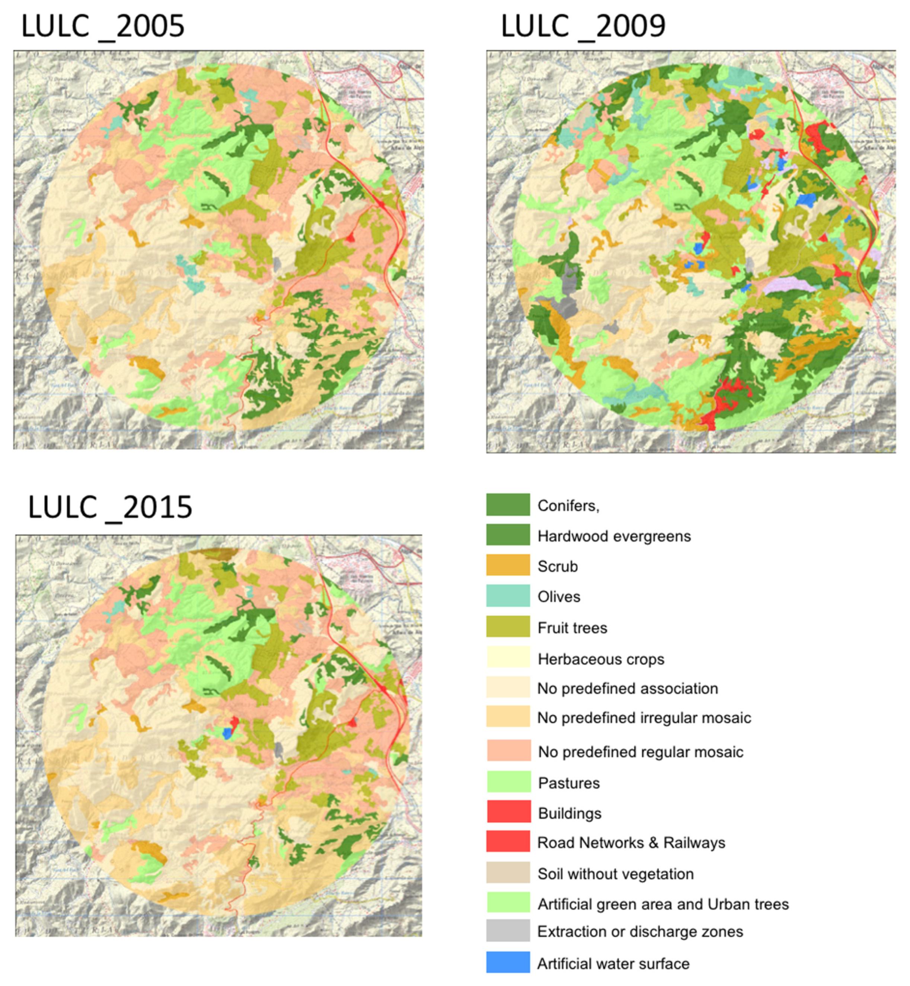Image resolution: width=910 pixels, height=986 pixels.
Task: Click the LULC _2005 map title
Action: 102,26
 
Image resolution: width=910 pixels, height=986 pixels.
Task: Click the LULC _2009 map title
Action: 583,26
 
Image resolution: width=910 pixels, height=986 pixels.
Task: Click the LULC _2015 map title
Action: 110,507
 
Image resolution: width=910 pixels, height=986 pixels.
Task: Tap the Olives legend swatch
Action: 508,595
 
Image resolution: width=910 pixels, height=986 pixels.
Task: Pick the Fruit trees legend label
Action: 572,628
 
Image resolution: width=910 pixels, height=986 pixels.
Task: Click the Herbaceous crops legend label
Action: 601,659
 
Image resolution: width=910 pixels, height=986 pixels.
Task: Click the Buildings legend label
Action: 570,813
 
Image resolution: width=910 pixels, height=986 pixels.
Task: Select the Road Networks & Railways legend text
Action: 631,843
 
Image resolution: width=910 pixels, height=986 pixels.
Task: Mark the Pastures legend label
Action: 569,783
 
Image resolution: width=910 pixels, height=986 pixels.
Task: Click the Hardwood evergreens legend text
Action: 614,536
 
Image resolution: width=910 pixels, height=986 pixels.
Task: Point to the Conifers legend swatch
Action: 508,504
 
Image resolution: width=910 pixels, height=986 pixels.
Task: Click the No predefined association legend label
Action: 628,688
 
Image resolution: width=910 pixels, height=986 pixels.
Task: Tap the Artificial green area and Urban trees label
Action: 663,904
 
